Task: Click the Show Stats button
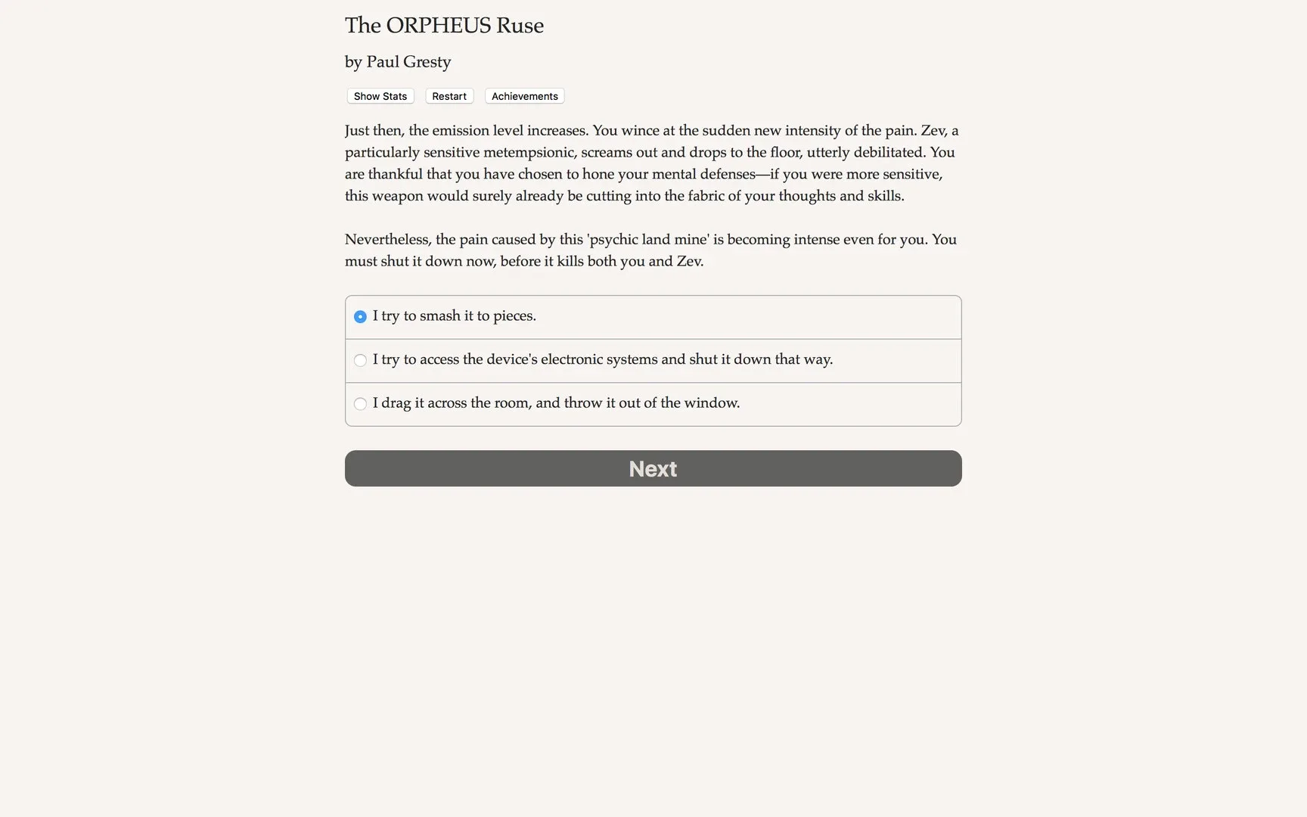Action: pyautogui.click(x=380, y=96)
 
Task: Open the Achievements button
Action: pyautogui.click(x=524, y=96)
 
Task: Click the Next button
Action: pyautogui.click(x=653, y=468)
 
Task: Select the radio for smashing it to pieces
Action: pyautogui.click(x=360, y=316)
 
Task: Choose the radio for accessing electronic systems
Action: pyautogui.click(x=360, y=360)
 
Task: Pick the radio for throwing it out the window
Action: pyautogui.click(x=360, y=404)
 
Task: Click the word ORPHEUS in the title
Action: pyautogui.click(x=438, y=26)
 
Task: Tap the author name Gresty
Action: pyautogui.click(x=427, y=62)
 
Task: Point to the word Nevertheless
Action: pyautogui.click(x=387, y=240)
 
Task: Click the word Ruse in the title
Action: pyautogui.click(x=520, y=26)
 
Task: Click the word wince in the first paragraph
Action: pyautogui.click(x=640, y=131)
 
